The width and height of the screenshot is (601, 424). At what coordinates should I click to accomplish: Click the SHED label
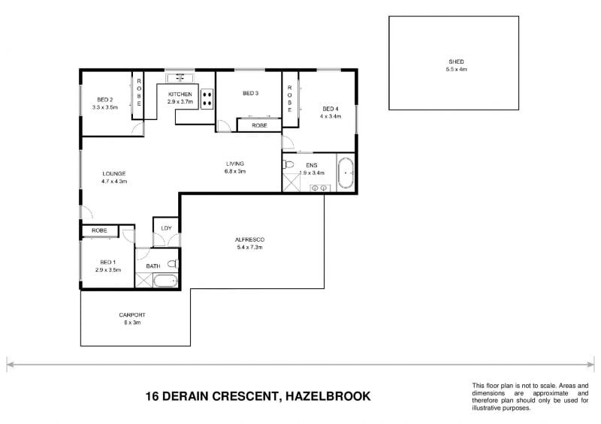pos(456,62)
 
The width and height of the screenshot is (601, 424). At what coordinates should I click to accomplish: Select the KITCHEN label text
pos(180,94)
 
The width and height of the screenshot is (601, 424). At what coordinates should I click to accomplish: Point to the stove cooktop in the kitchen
pos(206,98)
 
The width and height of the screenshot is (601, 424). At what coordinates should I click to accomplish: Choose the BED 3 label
pos(250,94)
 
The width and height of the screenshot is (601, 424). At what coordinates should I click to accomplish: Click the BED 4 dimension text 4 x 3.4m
pos(331,116)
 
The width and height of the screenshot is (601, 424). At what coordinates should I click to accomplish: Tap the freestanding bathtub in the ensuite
pos(346,173)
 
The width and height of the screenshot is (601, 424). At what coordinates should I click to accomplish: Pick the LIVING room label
pos(236,164)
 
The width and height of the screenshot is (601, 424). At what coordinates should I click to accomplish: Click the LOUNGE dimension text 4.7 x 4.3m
pos(114,182)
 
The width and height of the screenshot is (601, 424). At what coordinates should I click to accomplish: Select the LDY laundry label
pos(165,227)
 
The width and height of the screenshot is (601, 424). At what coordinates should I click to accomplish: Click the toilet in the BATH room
pos(172,264)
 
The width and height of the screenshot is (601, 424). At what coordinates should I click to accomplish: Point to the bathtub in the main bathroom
pos(163,281)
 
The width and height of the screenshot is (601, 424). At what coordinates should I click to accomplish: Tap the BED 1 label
pos(105,262)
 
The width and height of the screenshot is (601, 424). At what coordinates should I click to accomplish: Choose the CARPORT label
pos(131,315)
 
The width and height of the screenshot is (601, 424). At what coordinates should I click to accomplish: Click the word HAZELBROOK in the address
pos(324,395)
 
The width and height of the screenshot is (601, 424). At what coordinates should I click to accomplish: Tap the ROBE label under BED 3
pos(259,125)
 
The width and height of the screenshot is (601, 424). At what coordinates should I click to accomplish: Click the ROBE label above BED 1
pos(99,230)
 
